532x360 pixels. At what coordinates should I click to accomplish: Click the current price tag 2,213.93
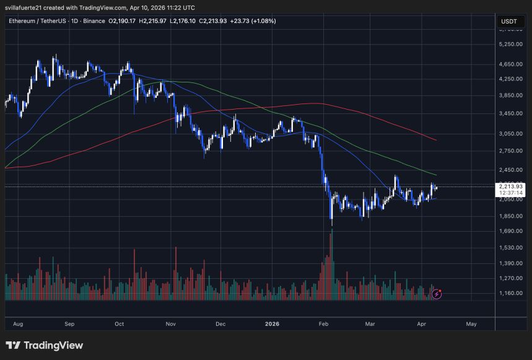tap(511, 187)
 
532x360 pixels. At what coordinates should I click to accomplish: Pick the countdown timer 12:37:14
tap(511, 193)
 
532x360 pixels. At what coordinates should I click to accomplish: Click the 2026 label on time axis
tap(273, 323)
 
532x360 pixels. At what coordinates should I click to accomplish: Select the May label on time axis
tap(471, 323)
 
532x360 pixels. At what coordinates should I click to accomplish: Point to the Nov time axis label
tap(172, 323)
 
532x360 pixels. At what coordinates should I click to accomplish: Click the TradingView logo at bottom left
tap(44, 346)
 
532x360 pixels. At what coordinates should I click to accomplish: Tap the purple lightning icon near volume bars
tap(437, 294)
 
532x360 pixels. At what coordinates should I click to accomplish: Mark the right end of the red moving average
tap(437, 140)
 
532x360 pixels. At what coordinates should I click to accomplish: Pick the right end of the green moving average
tap(437, 175)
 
